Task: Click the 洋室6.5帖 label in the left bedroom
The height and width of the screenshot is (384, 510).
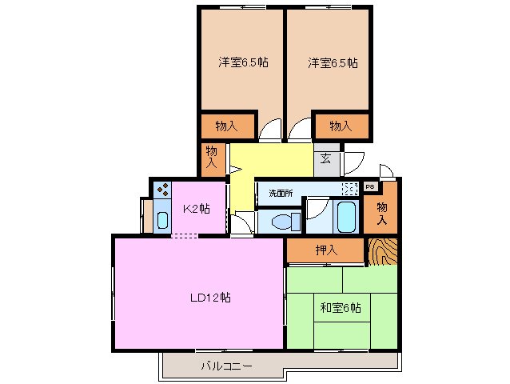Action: pyautogui.click(x=240, y=62)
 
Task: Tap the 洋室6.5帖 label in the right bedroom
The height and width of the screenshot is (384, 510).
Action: pyautogui.click(x=329, y=62)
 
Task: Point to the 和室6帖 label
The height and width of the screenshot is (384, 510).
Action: pyautogui.click(x=342, y=307)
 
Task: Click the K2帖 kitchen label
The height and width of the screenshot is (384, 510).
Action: pyautogui.click(x=196, y=210)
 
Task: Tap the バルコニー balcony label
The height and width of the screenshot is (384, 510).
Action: pyautogui.click(x=225, y=366)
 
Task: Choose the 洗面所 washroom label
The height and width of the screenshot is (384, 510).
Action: pyautogui.click(x=281, y=193)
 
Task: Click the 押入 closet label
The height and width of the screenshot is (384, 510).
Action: pyautogui.click(x=326, y=250)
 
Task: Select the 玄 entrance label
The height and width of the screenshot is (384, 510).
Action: pyautogui.click(x=326, y=158)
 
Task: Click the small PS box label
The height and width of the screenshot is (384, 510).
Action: pyautogui.click(x=369, y=186)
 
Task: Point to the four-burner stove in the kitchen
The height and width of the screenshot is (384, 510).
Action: pyautogui.click(x=162, y=191)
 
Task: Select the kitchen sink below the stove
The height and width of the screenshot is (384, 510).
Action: pyautogui.click(x=162, y=219)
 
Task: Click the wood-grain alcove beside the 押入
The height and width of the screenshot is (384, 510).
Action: pyautogui.click(x=383, y=251)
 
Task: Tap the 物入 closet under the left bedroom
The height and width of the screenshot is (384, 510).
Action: pyautogui.click(x=227, y=126)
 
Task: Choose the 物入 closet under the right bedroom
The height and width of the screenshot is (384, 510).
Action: pyautogui.click(x=341, y=126)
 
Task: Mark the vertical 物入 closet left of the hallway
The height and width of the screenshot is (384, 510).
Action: pyautogui.click(x=212, y=156)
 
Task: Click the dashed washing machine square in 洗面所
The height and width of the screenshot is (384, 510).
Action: pyautogui.click(x=349, y=190)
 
